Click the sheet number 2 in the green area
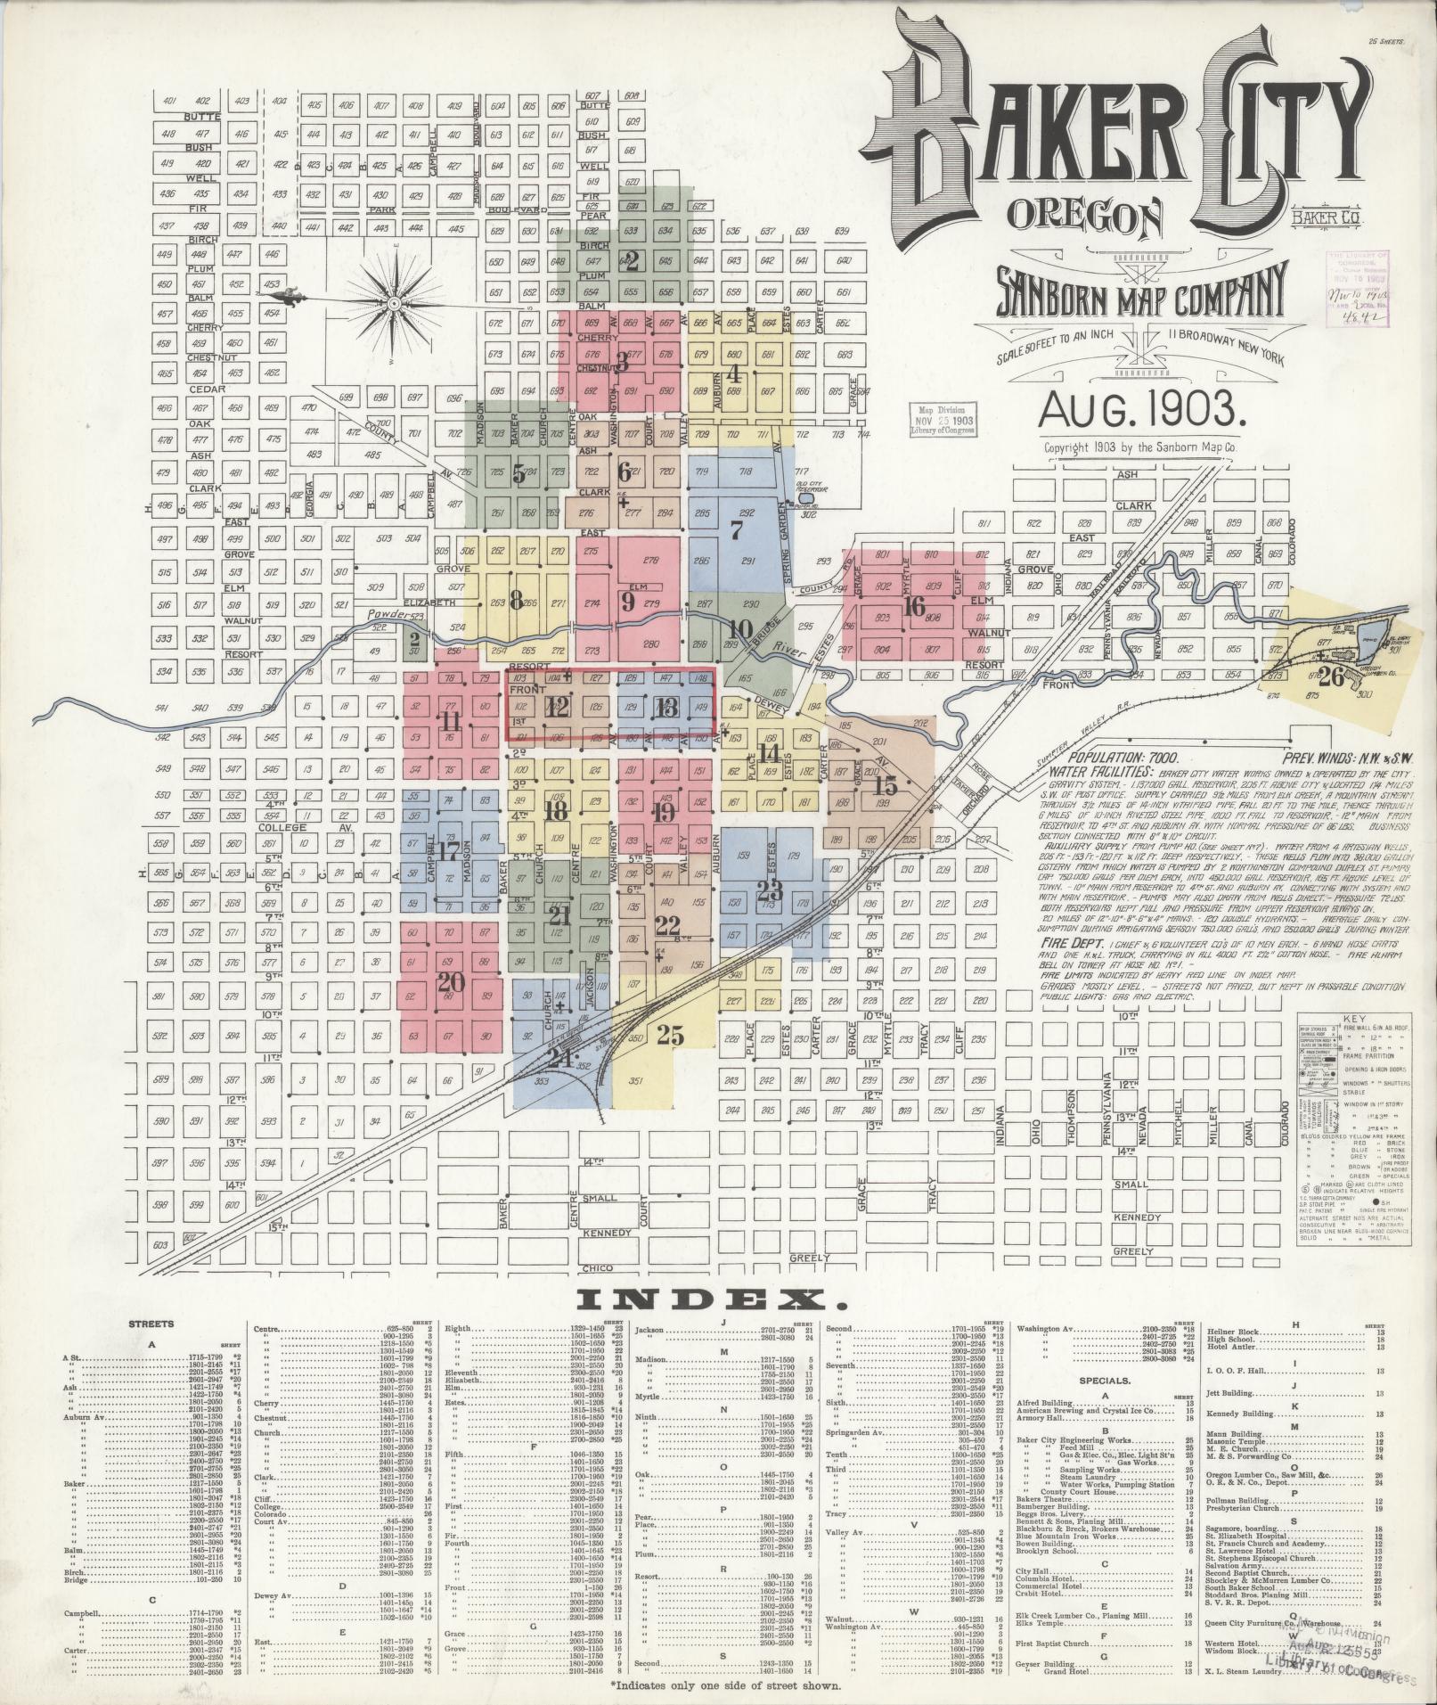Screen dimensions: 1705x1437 tap(632, 261)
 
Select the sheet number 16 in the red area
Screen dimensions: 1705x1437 tap(914, 606)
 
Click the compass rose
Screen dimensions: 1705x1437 tap(393, 305)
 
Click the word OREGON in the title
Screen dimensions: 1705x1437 tap(1085, 214)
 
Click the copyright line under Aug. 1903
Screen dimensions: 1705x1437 tap(1142, 449)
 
